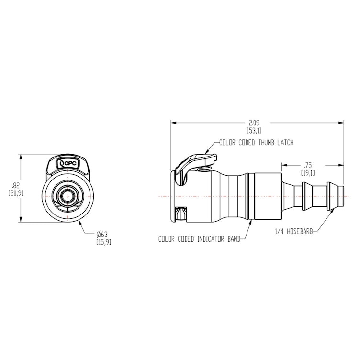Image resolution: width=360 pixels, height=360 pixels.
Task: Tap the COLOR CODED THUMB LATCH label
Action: point(256,143)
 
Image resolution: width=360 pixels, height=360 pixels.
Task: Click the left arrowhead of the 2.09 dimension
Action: point(173,122)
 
